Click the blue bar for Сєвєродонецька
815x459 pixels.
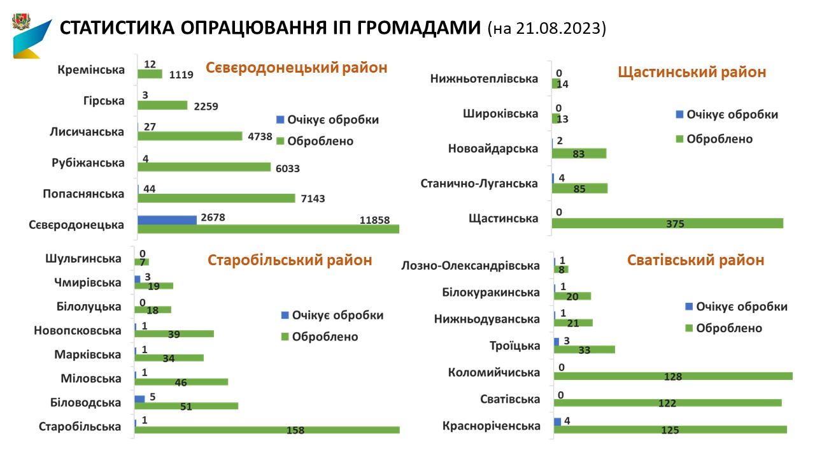[167, 220]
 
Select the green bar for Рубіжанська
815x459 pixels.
[204, 167]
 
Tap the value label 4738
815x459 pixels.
[260, 136]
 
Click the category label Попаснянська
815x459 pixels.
[83, 194]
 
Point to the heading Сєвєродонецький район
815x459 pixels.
[297, 68]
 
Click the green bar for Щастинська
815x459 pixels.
[668, 223]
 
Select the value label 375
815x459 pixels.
[675, 224]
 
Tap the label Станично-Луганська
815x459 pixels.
[479, 183]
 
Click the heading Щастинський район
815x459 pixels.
[692, 72]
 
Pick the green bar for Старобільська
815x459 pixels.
[267, 430]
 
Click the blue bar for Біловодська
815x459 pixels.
[139, 399]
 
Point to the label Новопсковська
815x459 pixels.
[78, 330]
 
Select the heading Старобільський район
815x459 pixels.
[290, 261]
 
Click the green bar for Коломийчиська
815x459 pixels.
[673, 376]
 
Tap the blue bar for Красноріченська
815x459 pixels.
[557, 422]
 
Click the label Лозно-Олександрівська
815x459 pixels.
[471, 266]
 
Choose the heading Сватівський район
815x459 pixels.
[696, 261]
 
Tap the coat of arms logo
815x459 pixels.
[21, 21]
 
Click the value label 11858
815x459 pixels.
[374, 220]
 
